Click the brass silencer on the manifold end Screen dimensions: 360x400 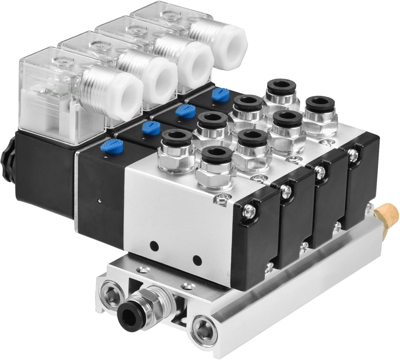click(387, 215)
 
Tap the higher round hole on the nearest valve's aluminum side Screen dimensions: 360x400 click(153, 246)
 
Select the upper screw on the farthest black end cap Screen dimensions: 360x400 click(353, 157)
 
